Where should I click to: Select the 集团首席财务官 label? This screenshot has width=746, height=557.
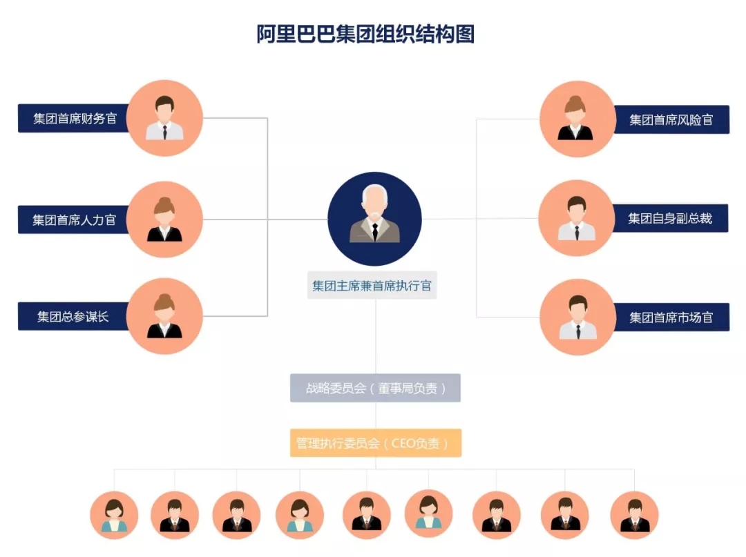pyautogui.click(x=75, y=118)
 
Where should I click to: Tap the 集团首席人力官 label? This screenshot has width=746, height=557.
pyautogui.click(x=75, y=220)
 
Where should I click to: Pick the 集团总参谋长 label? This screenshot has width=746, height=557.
pyautogui.click(x=73, y=317)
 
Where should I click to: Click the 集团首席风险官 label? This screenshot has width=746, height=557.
pyautogui.click(x=671, y=119)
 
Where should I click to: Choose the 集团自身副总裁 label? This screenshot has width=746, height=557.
pyautogui.click(x=670, y=219)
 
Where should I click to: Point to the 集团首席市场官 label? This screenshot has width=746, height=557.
pyautogui.click(x=671, y=317)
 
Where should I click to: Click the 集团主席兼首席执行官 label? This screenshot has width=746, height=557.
pyautogui.click(x=372, y=285)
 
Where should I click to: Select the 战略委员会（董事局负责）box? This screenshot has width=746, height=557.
pyautogui.click(x=375, y=388)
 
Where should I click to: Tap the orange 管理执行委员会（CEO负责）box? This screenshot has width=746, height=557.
pyautogui.click(x=375, y=443)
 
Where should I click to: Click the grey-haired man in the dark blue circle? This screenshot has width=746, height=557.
pyautogui.click(x=374, y=219)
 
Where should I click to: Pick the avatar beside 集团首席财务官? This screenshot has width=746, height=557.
pyautogui.click(x=164, y=118)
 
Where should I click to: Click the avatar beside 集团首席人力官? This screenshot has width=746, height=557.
pyautogui.click(x=164, y=219)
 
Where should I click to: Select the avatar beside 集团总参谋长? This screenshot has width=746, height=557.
pyautogui.click(x=164, y=316)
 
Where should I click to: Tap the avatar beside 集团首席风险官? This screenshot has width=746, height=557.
pyautogui.click(x=577, y=119)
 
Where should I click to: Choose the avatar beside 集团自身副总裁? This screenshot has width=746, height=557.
pyautogui.click(x=576, y=218)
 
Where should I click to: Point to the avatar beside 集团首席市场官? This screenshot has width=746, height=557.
pyautogui.click(x=577, y=317)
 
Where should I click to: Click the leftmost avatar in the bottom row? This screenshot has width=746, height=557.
pyautogui.click(x=114, y=515)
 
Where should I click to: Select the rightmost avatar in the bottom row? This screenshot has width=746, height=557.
pyautogui.click(x=634, y=515)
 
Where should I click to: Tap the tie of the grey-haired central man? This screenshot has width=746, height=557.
pyautogui.click(x=374, y=231)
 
